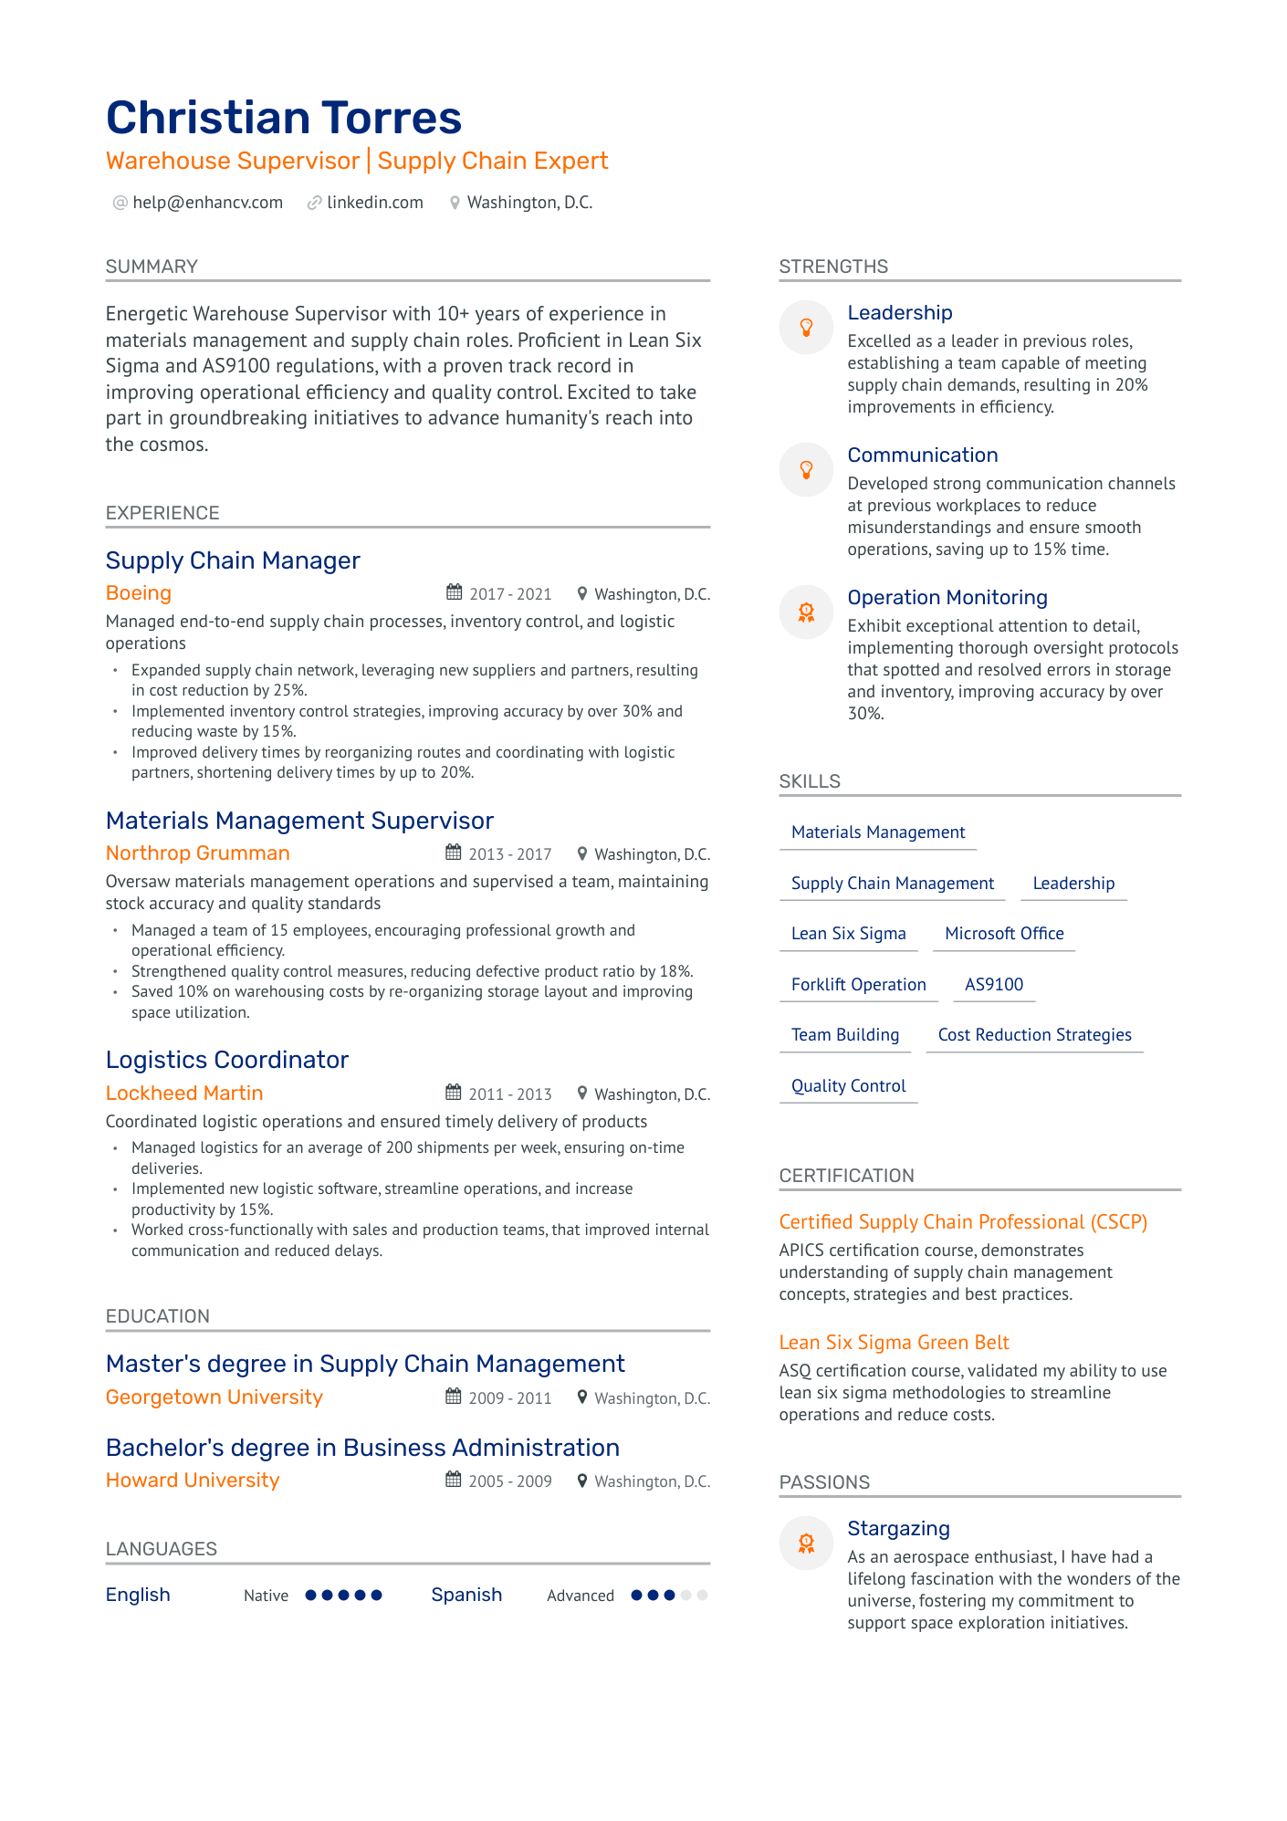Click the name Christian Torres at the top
(284, 118)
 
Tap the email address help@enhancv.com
(207, 203)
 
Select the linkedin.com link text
(374, 203)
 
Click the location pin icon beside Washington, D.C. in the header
(455, 203)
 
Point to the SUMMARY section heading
(152, 267)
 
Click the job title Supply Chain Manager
(233, 560)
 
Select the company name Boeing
(139, 593)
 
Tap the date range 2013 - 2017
(509, 854)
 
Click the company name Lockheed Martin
(184, 1094)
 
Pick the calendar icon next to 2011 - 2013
(453, 1093)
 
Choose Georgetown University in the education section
(214, 1397)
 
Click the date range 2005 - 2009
(509, 1481)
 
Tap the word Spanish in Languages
(466, 1595)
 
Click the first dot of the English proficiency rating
(311, 1596)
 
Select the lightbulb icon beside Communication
(806, 469)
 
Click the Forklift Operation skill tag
(858, 985)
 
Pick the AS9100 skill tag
(994, 985)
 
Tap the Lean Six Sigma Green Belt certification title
(894, 1343)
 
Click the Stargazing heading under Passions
(898, 1529)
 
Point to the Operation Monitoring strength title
(947, 598)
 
